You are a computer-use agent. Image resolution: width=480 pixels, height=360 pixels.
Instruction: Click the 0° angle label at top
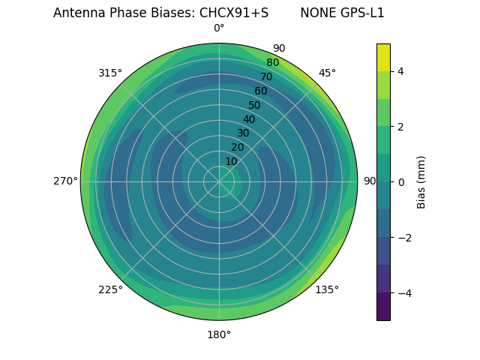tap(219, 28)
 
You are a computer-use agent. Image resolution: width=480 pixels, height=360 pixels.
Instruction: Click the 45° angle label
tap(327, 73)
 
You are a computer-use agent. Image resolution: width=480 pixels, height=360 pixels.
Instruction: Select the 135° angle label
tap(327, 289)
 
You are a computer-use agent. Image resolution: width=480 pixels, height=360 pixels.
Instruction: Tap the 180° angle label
tap(219, 334)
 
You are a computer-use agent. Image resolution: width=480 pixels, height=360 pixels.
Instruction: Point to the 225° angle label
tap(110, 289)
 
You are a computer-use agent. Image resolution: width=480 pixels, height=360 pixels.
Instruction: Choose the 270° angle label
tap(65, 181)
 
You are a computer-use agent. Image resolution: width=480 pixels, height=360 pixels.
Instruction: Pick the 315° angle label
tap(110, 73)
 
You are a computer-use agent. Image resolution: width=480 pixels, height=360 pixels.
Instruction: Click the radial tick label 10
tap(231, 161)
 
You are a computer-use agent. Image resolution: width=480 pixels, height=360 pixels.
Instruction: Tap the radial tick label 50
tap(255, 105)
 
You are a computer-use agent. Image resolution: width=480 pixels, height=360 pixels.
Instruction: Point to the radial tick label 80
tap(272, 63)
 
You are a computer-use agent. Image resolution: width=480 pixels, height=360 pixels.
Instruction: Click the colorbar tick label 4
tap(401, 71)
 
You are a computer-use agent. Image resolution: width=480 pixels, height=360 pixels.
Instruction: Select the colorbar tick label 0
tap(401, 182)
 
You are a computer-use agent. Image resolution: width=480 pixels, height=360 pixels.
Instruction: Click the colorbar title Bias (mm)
tap(421, 182)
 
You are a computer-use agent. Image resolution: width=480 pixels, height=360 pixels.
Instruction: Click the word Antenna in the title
tap(78, 13)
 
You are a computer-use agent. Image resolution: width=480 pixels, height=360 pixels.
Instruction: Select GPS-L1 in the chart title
tap(363, 13)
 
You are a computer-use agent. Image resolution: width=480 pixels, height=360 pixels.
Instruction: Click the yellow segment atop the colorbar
tap(383, 57)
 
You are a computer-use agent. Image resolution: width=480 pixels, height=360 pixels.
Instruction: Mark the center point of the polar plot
tap(219, 181)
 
